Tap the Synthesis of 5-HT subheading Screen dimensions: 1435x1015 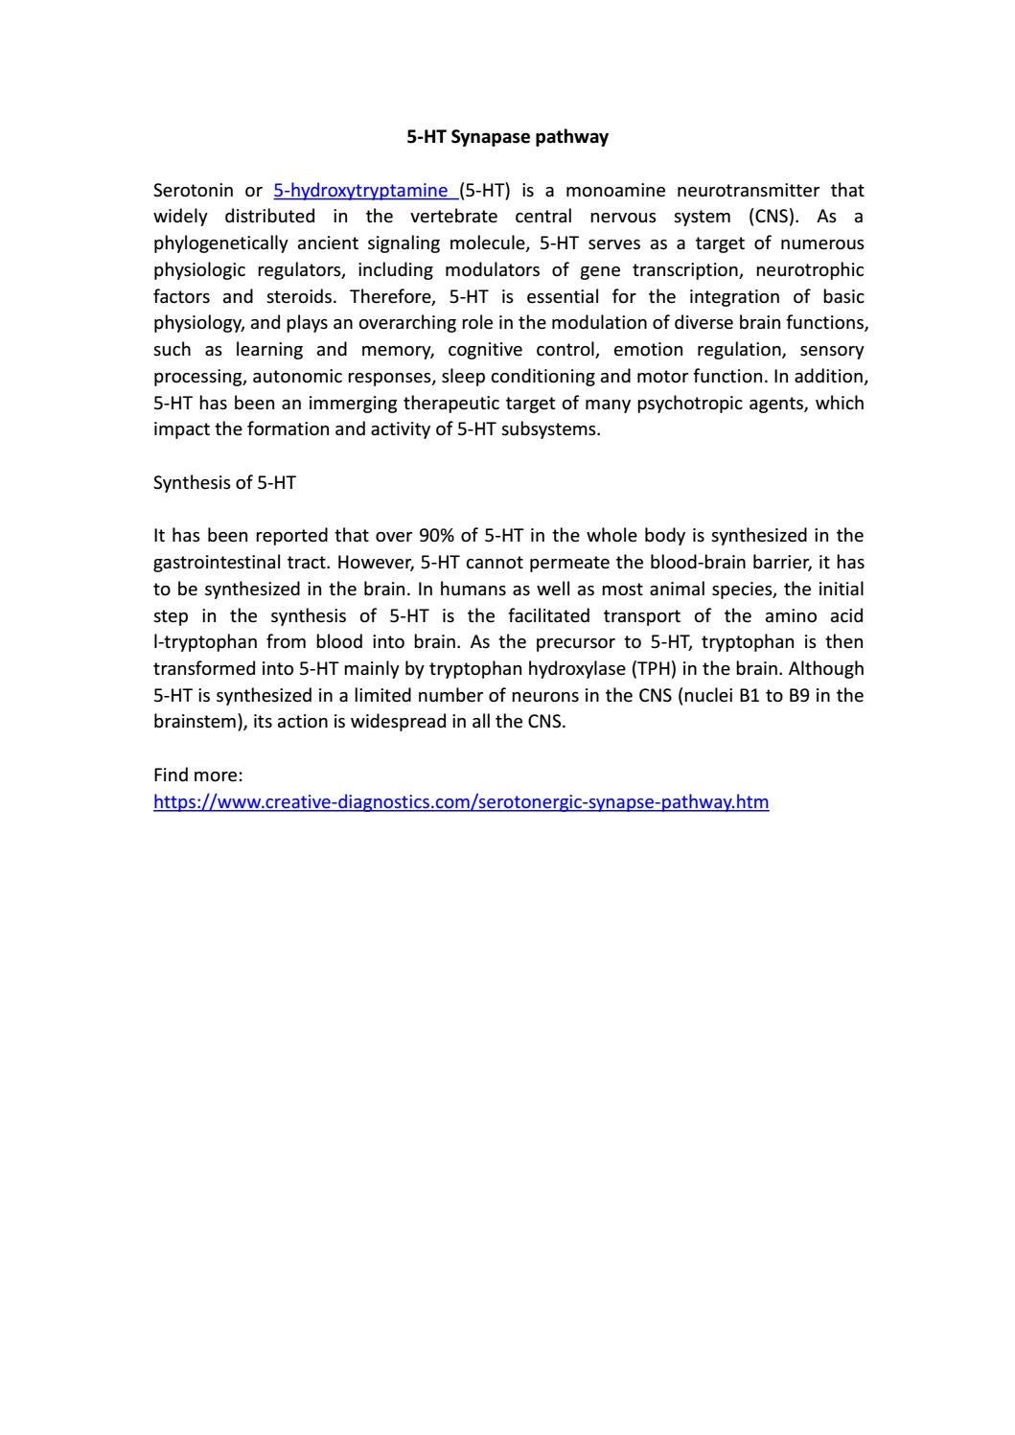[224, 483]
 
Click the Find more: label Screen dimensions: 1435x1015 [197, 775]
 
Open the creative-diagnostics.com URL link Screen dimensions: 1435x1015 [460, 801]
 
